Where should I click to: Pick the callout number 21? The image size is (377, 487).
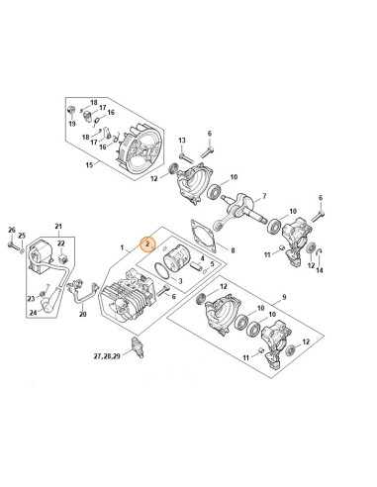coord(57,227)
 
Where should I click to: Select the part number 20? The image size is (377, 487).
coord(83,314)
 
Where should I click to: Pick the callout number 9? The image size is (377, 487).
coord(284,298)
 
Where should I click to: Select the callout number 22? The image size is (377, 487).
coord(61,242)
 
